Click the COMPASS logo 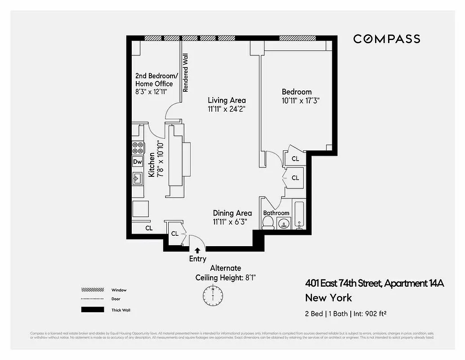pos(386,39)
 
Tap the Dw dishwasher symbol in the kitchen pos(138,162)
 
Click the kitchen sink pos(137,179)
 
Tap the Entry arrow pos(197,250)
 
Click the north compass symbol pos(213,296)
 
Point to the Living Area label pos(227,100)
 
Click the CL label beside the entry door pos(174,234)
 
